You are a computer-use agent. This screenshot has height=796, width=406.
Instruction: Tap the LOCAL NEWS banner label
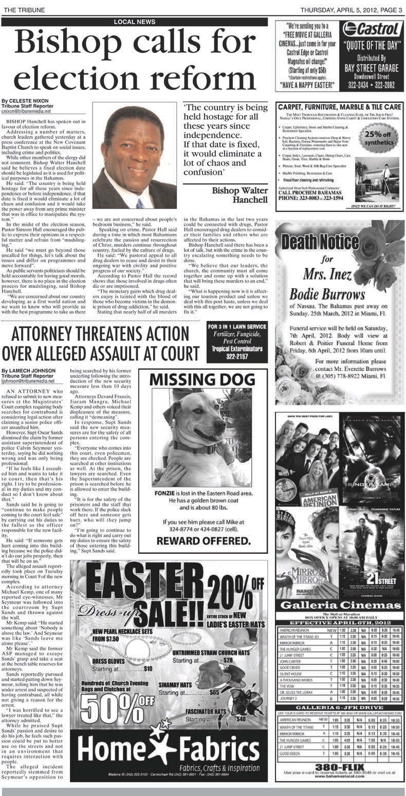click(135, 22)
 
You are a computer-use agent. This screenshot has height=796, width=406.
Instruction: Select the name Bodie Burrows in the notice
click(327, 295)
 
